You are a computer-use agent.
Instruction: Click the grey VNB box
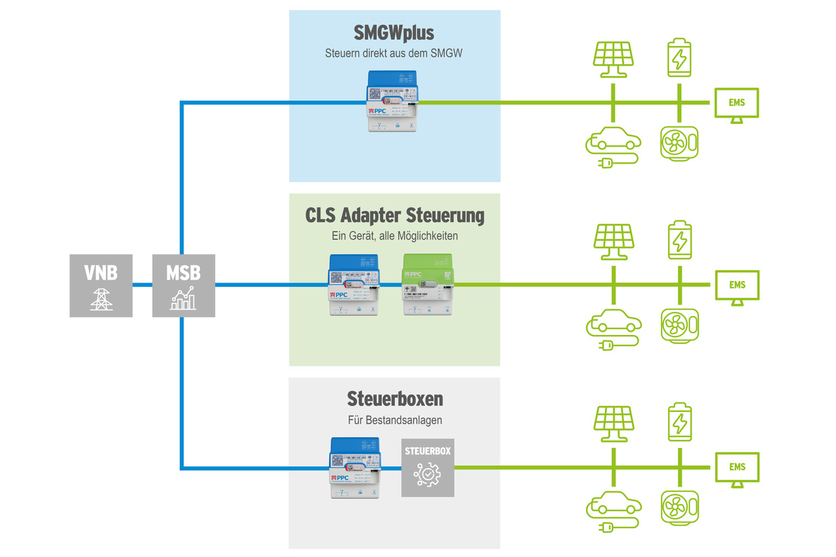[101, 285]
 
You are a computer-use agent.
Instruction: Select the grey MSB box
[184, 285]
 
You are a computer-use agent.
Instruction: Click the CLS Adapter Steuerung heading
[394, 215]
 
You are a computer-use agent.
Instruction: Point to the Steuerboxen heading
[394, 398]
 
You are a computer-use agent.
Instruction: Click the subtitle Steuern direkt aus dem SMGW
[394, 54]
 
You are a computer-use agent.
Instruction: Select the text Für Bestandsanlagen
[394, 420]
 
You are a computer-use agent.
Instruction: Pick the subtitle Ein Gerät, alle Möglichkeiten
[394, 236]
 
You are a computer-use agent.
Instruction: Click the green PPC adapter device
[428, 285]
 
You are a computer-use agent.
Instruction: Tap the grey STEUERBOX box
[428, 468]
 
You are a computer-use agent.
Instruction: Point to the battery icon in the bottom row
[680, 422]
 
